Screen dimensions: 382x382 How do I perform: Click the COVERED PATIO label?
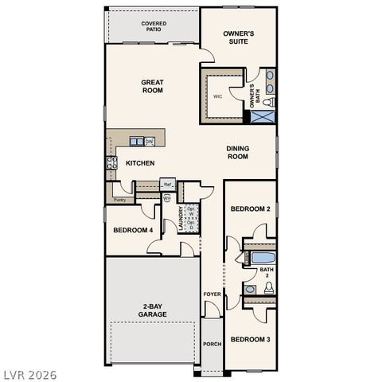point(153,26)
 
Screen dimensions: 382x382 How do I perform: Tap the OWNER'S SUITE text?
point(238,37)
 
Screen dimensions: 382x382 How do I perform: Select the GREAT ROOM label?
point(152,86)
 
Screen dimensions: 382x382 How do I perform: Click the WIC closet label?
point(217,97)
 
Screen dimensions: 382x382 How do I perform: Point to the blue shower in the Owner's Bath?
point(263,117)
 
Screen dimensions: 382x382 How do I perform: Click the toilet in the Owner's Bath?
point(268,102)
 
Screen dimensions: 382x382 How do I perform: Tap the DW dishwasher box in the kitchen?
point(149,142)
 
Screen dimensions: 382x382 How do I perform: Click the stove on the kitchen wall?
point(111,164)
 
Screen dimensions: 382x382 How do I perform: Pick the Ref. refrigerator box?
point(168,185)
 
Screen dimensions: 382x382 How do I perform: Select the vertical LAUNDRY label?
point(181,219)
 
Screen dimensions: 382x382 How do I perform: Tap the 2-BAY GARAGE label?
point(151,310)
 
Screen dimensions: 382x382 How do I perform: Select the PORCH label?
point(212,344)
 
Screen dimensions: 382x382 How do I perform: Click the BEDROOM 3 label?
point(250,340)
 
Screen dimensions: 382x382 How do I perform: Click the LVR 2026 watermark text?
point(26,371)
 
